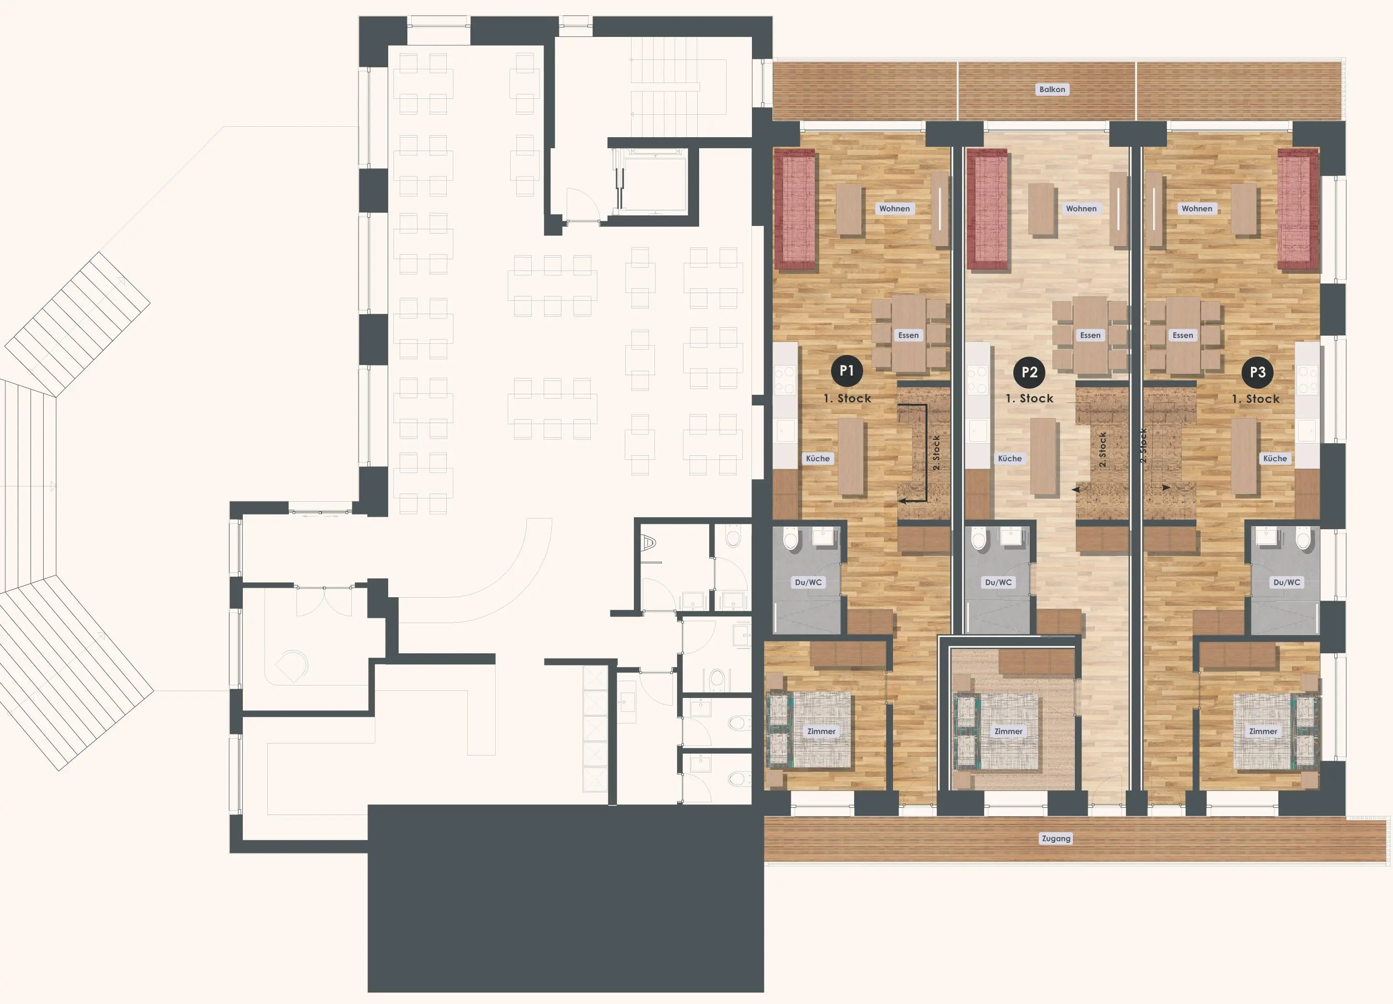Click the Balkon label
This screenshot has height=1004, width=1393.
click(1052, 90)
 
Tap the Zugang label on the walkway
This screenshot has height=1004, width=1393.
click(1056, 838)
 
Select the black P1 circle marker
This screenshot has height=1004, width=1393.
click(846, 370)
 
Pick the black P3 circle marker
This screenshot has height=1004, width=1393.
click(1257, 372)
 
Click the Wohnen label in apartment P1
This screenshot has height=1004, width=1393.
click(894, 209)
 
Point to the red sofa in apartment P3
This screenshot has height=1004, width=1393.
click(1298, 210)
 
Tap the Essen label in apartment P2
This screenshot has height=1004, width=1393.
click(1090, 335)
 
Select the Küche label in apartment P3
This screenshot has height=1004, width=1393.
click(1275, 459)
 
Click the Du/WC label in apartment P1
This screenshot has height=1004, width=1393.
click(808, 582)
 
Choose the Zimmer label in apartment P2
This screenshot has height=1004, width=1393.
click(1009, 732)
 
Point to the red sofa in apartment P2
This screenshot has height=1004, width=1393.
click(988, 210)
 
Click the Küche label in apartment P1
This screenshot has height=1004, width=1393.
click(818, 459)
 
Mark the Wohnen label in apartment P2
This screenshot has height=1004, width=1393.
click(1081, 209)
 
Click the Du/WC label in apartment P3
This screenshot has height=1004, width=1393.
click(1287, 582)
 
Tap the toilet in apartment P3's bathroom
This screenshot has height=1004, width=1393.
click(1303, 539)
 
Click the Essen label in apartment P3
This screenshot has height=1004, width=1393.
click(1183, 335)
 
